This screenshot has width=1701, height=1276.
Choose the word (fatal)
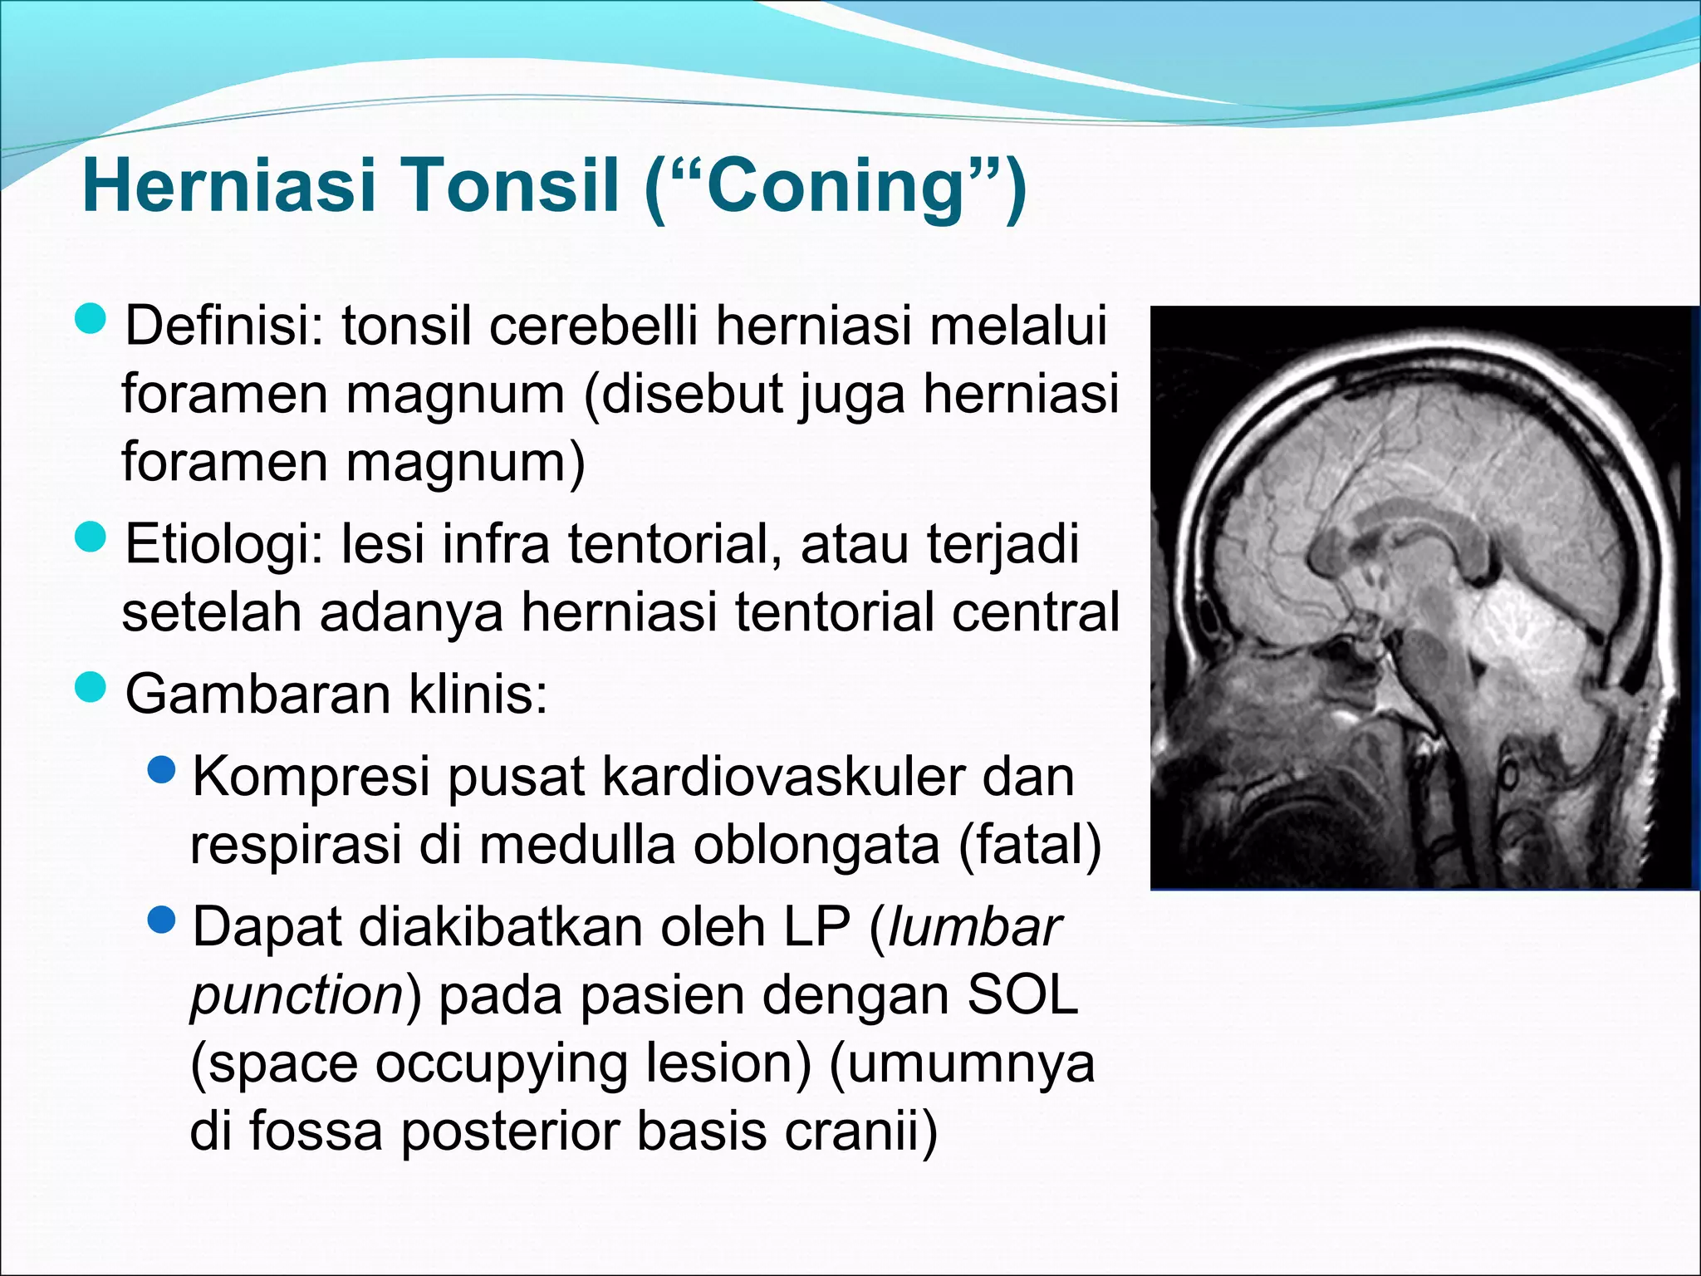click(x=1030, y=846)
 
